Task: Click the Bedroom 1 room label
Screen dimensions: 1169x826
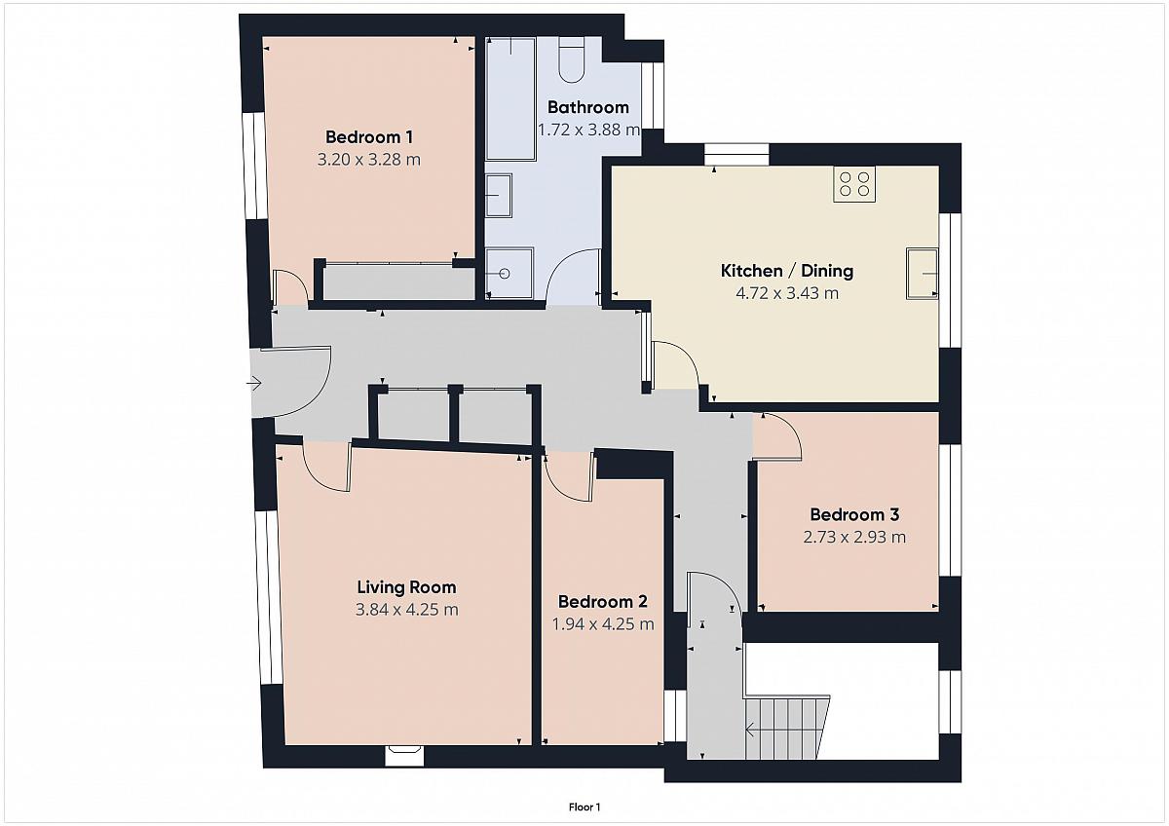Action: (x=369, y=137)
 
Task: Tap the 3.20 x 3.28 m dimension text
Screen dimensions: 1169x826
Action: (x=369, y=159)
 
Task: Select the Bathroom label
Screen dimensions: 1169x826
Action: (x=588, y=107)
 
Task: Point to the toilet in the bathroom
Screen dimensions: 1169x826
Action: (x=572, y=60)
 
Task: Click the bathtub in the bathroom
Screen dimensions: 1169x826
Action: (x=510, y=98)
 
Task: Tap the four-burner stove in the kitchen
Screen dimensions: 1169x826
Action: (x=854, y=184)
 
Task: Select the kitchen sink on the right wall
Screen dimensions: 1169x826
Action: (x=923, y=274)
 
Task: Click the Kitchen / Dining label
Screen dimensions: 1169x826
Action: (x=787, y=271)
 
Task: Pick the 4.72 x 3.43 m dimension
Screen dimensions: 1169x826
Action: (x=787, y=293)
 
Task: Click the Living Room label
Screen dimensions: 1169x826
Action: (x=406, y=587)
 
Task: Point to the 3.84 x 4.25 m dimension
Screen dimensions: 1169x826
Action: (x=406, y=610)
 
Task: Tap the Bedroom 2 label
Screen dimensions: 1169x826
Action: (x=603, y=602)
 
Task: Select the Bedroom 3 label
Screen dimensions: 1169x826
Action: (x=854, y=515)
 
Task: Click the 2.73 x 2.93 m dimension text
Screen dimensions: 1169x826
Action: (x=854, y=537)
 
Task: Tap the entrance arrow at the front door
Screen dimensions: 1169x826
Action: (x=254, y=384)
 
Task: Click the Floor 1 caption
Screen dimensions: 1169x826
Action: (x=584, y=807)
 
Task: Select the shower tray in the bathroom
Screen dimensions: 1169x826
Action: (x=509, y=274)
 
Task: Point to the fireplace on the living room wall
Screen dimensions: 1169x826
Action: (x=404, y=756)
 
